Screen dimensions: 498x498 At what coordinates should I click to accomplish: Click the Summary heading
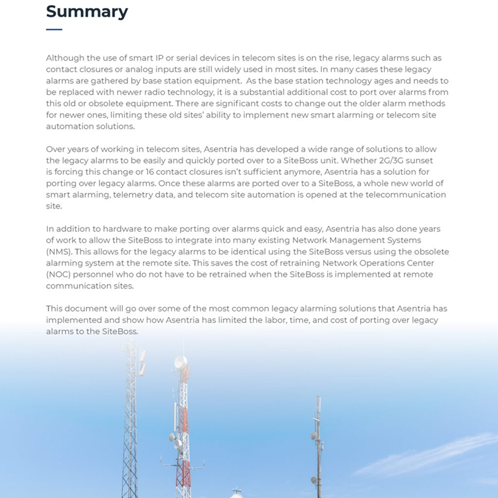tap(87, 11)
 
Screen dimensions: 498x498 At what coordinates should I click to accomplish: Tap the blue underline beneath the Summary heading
tap(54, 29)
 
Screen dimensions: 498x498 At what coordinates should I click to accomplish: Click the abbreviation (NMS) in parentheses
tap(59, 252)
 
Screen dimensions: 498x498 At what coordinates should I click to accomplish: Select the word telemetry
tap(132, 194)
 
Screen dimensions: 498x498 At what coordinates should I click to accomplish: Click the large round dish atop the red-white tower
tap(181, 362)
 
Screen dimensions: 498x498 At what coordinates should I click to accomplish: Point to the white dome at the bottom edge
tap(236, 494)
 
